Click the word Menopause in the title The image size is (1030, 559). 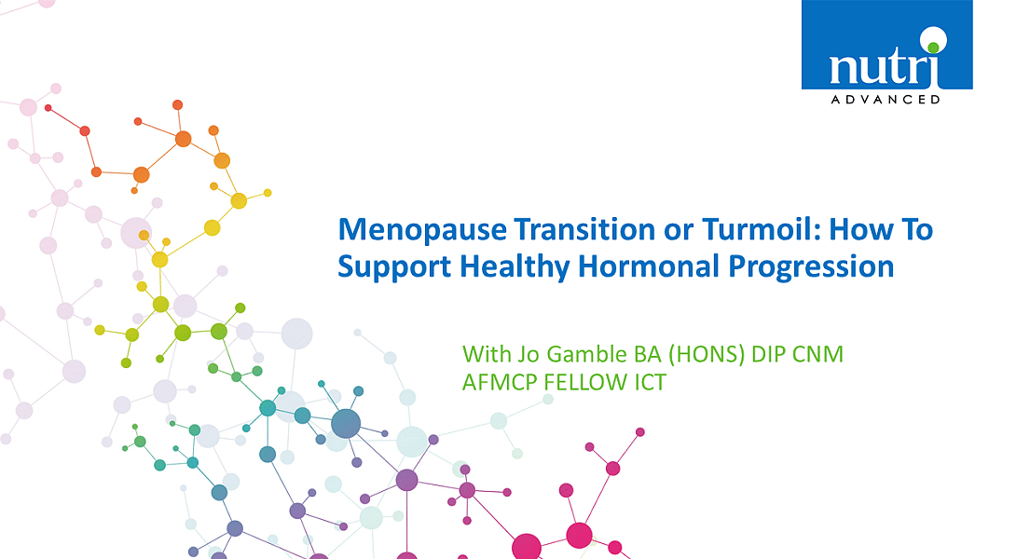pos(422,230)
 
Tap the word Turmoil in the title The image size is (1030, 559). pos(760,229)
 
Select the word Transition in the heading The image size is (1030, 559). pos(584,229)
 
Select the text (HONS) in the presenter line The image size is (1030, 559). pos(707,355)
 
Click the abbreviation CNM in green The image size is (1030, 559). pos(817,354)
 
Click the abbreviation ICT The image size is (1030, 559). pos(651,382)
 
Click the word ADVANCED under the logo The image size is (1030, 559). pos(886,100)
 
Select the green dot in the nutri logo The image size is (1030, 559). pos(933,47)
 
